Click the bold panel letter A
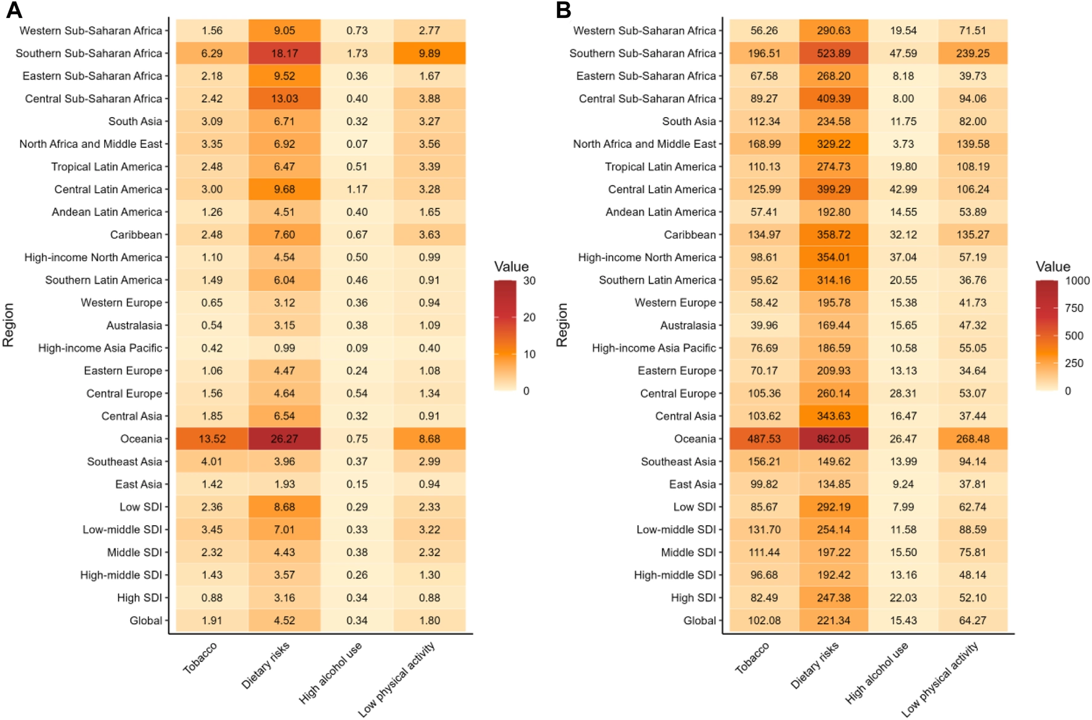point(14,10)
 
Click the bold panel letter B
point(563,10)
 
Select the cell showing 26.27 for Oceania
point(284,439)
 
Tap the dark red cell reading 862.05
point(833,439)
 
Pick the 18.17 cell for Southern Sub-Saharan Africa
point(284,54)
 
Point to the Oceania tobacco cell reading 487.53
point(764,439)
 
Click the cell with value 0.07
point(357,144)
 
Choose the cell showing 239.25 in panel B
point(972,54)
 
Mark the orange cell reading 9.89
point(430,54)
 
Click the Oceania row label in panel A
point(141,439)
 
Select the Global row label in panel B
point(699,621)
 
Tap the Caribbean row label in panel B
point(690,235)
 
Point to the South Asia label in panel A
point(135,121)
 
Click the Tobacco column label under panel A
point(200,658)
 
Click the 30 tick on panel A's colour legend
point(529,281)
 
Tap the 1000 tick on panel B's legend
point(1077,281)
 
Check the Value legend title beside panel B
point(1053,267)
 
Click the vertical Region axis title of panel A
point(9,325)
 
